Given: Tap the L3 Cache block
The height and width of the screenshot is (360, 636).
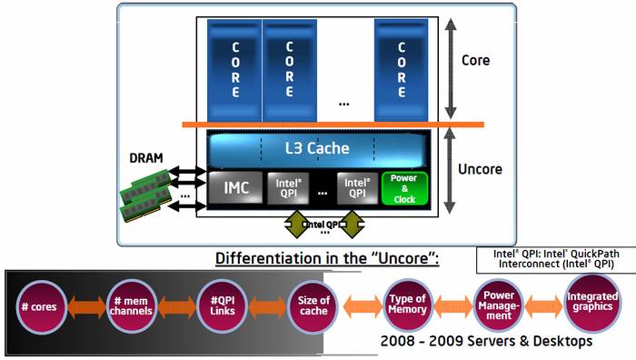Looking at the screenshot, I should (316, 148).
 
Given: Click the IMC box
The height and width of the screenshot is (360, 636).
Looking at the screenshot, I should (235, 188).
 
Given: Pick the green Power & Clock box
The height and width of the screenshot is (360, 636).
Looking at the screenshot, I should (403, 188).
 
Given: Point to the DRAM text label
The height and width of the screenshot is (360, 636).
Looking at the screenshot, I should (145, 157).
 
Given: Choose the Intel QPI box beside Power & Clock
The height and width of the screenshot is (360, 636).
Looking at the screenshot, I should (355, 188).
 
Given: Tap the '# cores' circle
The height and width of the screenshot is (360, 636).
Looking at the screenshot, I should (37, 306).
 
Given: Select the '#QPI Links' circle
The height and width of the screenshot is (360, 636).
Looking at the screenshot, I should (223, 306).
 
